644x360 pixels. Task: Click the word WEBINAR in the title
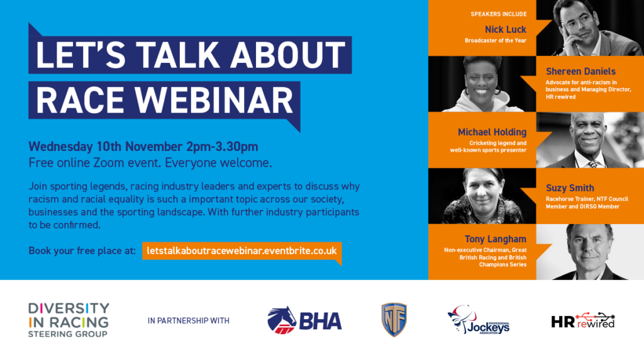point(214,100)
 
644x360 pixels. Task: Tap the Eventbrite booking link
point(241,250)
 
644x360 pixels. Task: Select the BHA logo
point(304,320)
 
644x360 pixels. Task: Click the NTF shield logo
point(394,320)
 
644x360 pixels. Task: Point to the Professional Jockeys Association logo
point(479,320)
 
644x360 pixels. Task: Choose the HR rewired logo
point(583,320)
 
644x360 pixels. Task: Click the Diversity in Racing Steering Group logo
point(69,320)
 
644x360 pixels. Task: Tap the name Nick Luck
point(505,30)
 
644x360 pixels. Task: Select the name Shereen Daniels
point(580,72)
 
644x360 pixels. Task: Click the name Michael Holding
point(492,132)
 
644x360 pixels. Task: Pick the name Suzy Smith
point(570,188)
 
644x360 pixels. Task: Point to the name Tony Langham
point(496,239)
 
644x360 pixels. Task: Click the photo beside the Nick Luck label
point(590,28)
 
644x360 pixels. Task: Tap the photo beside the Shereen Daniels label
point(482,84)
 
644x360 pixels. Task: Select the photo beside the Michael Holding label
point(590,140)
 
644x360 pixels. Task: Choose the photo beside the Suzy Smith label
point(482,196)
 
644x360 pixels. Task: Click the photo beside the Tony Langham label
point(590,252)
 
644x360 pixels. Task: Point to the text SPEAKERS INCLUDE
point(499,14)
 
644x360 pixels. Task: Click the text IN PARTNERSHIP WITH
point(189,320)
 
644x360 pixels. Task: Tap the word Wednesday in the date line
point(60,147)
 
